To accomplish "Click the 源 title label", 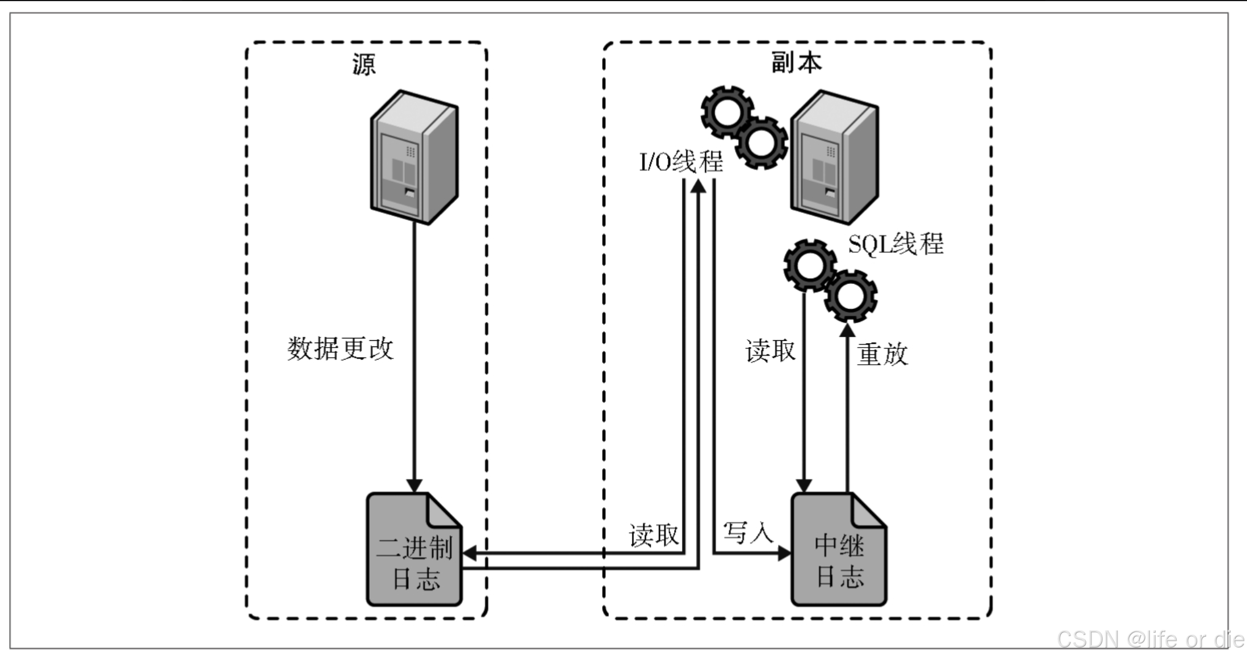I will click(x=363, y=64).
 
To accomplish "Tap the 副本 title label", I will click(x=796, y=62).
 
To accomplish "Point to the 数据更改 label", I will click(x=340, y=348).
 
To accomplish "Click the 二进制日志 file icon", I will click(x=414, y=550).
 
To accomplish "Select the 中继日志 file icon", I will click(x=839, y=550).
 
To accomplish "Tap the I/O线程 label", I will click(x=681, y=162).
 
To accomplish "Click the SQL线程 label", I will click(x=896, y=244).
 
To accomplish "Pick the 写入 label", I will click(x=748, y=533).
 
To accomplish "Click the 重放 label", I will click(x=882, y=354).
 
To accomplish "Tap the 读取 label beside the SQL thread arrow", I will click(x=770, y=351).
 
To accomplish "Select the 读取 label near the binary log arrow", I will click(x=654, y=535).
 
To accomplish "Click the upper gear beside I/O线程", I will click(x=727, y=112).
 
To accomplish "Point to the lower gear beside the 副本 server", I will click(x=761, y=143).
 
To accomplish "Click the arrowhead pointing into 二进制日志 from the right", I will click(x=470, y=553).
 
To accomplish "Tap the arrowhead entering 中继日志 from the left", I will click(x=785, y=553).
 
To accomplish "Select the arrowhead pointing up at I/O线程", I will click(x=698, y=186).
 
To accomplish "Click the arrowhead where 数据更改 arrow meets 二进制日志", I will click(x=414, y=485).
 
